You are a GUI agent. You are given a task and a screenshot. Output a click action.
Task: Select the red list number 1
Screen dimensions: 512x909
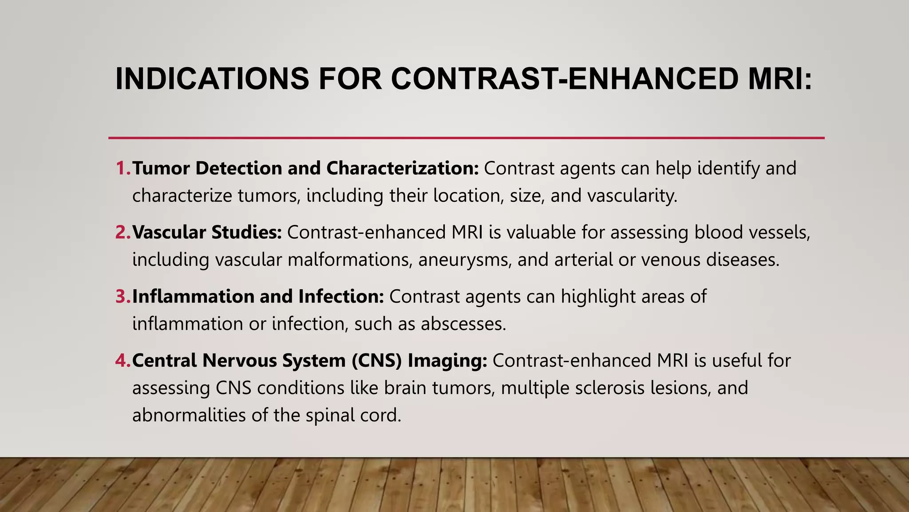[122, 168]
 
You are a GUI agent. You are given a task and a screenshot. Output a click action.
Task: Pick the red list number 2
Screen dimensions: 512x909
[122, 232]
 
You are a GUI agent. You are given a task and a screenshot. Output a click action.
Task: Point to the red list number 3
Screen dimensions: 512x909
[122, 296]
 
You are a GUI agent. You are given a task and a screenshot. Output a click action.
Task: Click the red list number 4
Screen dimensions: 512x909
[122, 360]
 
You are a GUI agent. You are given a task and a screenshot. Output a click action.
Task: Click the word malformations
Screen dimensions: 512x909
[348, 260]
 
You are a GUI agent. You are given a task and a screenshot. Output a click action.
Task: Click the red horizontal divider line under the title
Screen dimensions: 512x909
[466, 138]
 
